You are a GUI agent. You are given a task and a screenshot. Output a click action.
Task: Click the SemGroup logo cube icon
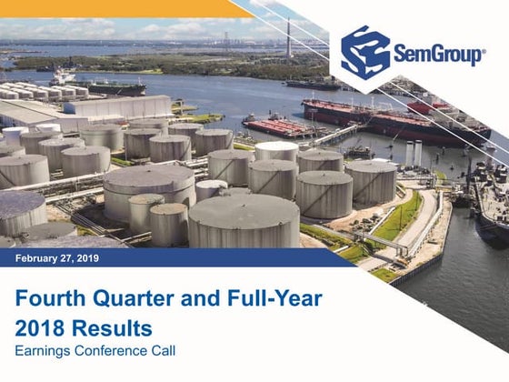365,52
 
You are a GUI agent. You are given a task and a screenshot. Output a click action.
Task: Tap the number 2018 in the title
40,327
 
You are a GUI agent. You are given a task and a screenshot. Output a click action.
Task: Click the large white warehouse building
118,107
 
